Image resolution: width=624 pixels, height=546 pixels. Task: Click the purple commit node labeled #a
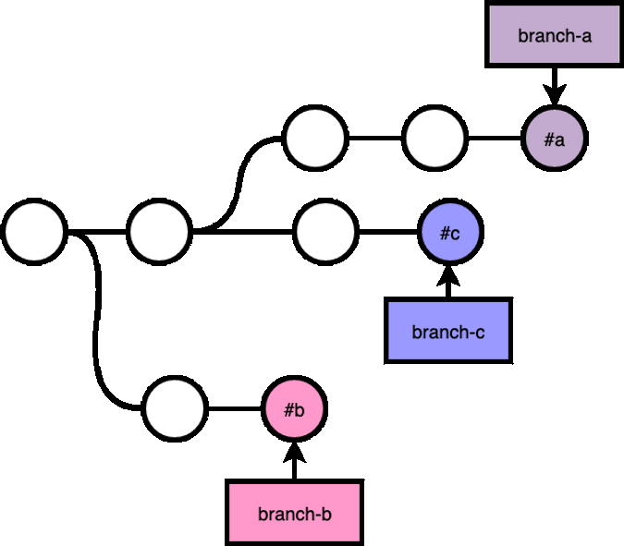point(555,139)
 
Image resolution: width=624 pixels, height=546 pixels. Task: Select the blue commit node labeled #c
point(450,232)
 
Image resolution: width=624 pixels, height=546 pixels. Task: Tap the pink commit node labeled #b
point(294,408)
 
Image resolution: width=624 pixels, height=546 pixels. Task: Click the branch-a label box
point(554,35)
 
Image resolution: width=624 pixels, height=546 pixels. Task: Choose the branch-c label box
point(448,331)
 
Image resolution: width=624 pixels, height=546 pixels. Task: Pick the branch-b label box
point(294,513)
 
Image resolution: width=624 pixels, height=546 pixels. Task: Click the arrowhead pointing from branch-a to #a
point(555,94)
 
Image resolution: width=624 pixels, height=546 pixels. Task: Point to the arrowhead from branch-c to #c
point(448,275)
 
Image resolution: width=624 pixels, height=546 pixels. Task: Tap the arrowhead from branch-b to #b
point(294,453)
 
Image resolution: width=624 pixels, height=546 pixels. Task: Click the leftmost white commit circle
point(34,232)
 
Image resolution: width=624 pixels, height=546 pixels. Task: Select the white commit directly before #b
point(175,408)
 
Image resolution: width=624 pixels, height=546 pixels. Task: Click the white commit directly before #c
point(325,232)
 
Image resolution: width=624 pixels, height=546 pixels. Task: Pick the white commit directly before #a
point(434,139)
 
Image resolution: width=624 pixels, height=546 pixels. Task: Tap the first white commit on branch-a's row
point(315,139)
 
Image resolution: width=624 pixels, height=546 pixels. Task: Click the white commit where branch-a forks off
point(160,232)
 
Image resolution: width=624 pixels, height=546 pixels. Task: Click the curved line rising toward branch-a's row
point(238,185)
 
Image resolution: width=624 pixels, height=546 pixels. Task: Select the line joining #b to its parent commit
point(235,408)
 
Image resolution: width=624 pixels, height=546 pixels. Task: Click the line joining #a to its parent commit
point(495,139)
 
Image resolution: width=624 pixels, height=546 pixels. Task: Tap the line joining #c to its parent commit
point(388,232)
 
